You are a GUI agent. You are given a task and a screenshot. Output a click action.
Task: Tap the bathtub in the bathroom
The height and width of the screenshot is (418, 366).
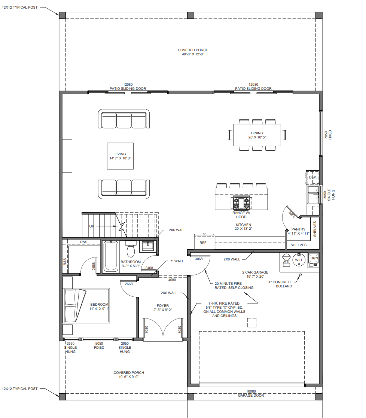(111, 256)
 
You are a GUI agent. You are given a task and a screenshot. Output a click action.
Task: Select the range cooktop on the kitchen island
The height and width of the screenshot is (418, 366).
(241, 203)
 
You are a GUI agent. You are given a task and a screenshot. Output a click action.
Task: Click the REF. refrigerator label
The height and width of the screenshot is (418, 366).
(203, 243)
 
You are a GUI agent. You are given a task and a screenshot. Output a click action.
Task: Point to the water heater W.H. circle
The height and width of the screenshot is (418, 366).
(299, 260)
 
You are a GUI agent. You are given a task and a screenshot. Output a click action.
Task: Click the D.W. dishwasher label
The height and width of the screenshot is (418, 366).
(313, 177)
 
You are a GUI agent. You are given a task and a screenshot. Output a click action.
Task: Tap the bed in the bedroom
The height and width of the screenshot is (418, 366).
(86, 305)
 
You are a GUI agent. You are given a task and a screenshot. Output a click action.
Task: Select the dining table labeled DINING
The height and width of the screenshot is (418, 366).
(257, 135)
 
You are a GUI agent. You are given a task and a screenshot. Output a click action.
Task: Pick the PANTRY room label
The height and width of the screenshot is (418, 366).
(298, 229)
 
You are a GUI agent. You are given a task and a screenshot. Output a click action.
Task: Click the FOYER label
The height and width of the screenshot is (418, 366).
(163, 306)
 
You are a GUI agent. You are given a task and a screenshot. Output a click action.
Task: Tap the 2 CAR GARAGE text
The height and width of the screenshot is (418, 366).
(255, 272)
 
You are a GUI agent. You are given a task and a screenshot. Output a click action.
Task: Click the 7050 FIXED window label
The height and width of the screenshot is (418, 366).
(328, 135)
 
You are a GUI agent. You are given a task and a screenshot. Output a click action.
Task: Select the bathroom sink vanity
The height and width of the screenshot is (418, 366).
(148, 246)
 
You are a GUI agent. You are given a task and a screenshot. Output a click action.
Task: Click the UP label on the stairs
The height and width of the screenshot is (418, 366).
(91, 226)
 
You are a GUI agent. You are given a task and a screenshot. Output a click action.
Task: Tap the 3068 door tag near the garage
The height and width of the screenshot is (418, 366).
(199, 259)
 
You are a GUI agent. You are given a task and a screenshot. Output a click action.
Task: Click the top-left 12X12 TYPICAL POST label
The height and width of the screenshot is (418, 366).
(20, 7)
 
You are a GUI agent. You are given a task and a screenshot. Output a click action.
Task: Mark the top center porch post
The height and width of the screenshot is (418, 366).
(190, 15)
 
